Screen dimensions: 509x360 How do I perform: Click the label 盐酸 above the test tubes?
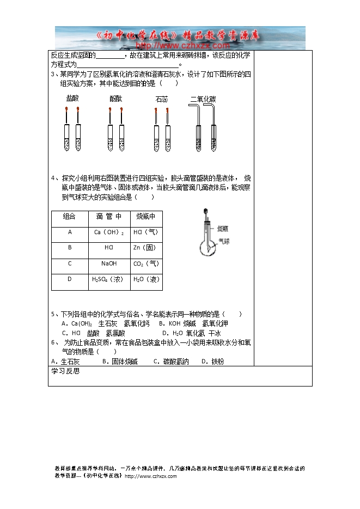72,99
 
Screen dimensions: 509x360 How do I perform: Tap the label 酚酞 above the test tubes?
115,99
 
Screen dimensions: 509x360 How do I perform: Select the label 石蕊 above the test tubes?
161,99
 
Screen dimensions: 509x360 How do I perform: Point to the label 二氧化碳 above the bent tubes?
203,99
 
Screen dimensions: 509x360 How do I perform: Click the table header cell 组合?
70,217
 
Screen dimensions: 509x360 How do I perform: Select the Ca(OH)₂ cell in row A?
109,232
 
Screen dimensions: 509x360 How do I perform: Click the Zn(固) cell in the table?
145,248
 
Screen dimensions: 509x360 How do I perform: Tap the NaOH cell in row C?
109,263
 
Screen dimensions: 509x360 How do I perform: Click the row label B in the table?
70,248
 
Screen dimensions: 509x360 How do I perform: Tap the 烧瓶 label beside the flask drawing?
223,228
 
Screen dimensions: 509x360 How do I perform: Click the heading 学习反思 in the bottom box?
65,371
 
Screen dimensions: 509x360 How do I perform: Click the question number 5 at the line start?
53,314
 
